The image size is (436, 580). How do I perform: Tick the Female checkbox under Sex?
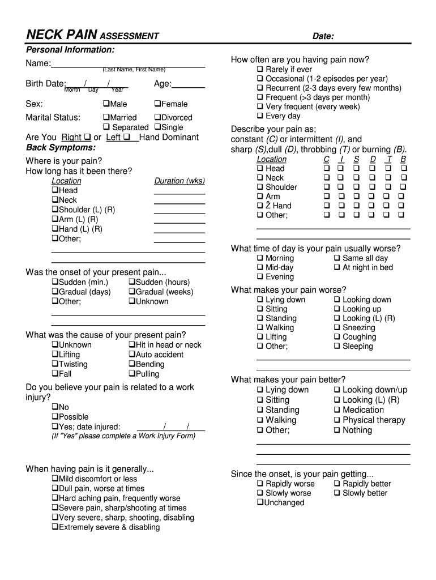click(x=157, y=104)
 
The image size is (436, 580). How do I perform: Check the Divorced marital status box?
click(x=157, y=117)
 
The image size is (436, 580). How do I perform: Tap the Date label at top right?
click(x=323, y=37)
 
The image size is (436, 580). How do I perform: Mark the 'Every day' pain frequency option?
click(x=260, y=116)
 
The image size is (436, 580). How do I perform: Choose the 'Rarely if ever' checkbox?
click(x=260, y=70)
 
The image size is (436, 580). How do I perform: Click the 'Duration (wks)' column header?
click(x=179, y=181)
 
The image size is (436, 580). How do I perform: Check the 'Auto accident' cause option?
click(x=132, y=355)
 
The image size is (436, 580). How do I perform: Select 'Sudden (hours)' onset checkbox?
click(x=132, y=282)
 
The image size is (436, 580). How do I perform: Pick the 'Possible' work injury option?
click(x=55, y=417)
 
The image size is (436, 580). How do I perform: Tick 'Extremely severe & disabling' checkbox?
click(x=55, y=527)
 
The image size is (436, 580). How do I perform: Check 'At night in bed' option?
click(x=337, y=267)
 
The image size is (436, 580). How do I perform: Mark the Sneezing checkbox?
click(x=337, y=327)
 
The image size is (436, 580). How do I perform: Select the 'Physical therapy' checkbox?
click(x=337, y=420)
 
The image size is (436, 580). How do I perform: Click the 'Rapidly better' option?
click(x=337, y=484)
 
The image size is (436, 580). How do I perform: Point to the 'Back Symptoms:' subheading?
click(x=61, y=147)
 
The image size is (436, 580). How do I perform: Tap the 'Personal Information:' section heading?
click(x=70, y=50)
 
